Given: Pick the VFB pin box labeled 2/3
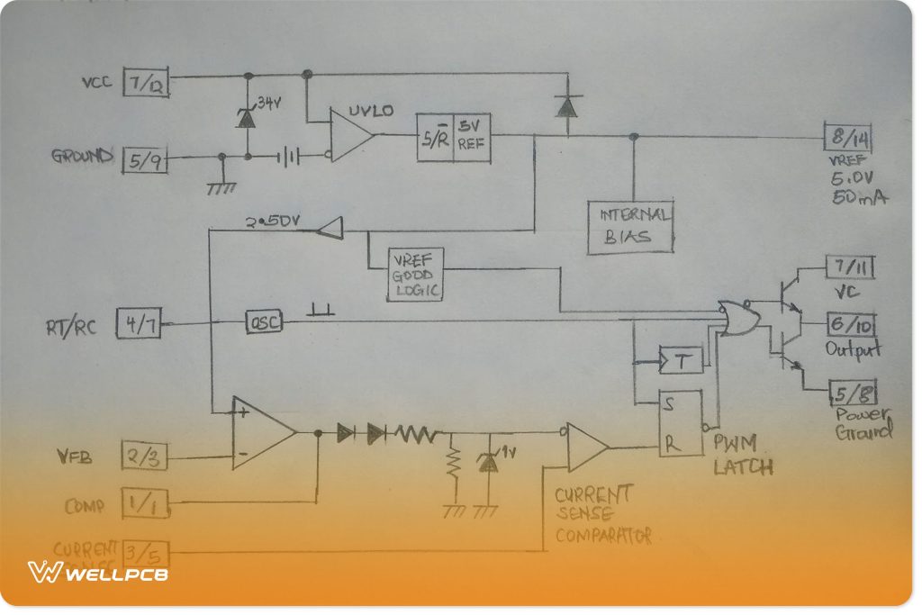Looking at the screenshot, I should (143, 457).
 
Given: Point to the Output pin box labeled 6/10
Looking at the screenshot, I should (851, 325).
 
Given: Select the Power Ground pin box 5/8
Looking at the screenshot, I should (850, 393).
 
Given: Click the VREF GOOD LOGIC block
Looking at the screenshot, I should (417, 274).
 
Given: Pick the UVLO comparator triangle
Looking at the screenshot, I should (350, 135).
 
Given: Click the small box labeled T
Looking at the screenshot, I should (681, 361).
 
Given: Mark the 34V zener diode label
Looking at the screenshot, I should (269, 103).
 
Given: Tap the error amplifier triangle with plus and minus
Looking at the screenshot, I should (260, 432).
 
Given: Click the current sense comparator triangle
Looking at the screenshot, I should (586, 446).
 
